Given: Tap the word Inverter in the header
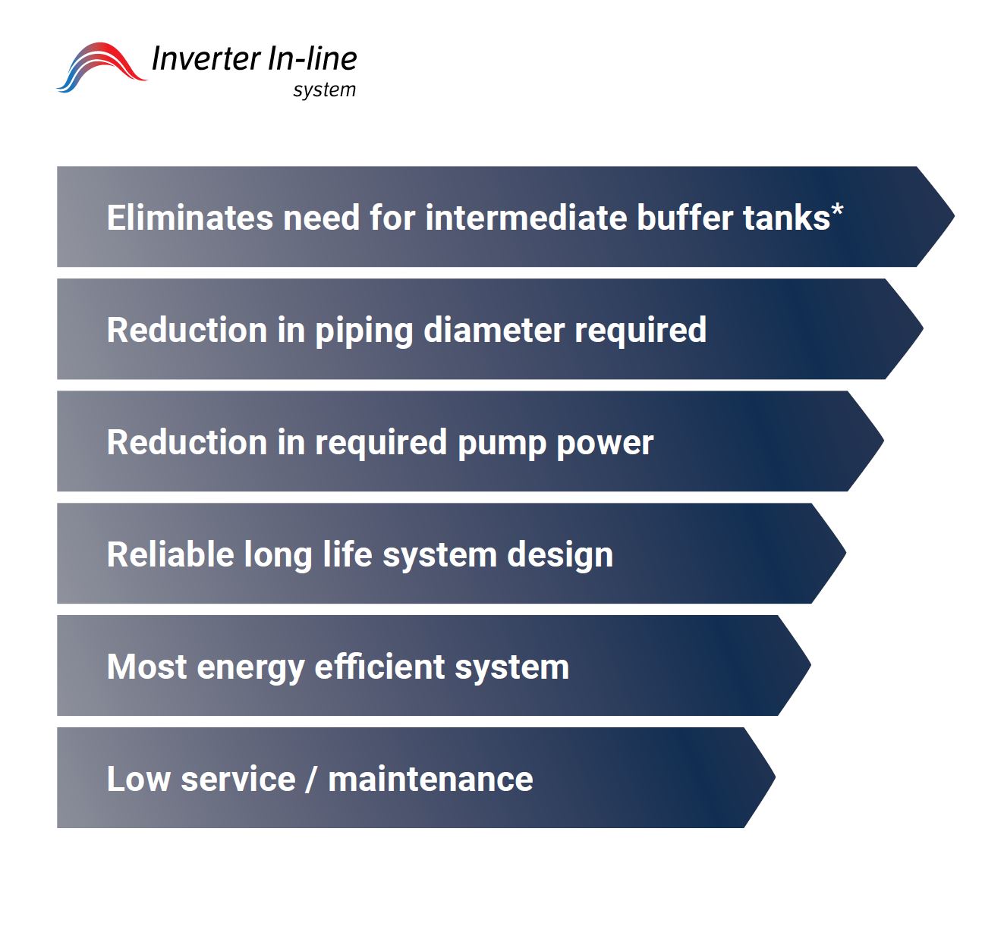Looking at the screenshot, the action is pyautogui.click(x=206, y=58).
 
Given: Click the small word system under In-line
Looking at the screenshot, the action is pyautogui.click(x=324, y=89).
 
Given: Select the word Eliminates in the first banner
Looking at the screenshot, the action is pyautogui.click(x=190, y=218).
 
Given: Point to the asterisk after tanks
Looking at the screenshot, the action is pyautogui.click(x=837, y=210).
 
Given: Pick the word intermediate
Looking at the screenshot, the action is pyautogui.click(x=525, y=218).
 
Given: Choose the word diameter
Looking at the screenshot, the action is pyautogui.click(x=494, y=331).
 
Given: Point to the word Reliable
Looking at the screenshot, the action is pyautogui.click(x=170, y=554).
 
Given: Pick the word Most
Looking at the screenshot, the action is pyautogui.click(x=147, y=667).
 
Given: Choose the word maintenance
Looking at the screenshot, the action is pyautogui.click(x=430, y=779).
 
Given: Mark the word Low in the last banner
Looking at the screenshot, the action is pyautogui.click(x=138, y=779).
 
